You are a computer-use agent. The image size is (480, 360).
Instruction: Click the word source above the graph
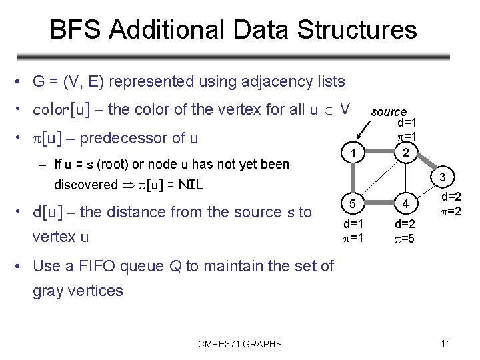pos(389,112)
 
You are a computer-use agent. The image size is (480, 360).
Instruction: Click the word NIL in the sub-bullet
pos(189,184)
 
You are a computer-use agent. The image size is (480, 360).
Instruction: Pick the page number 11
pos(446,343)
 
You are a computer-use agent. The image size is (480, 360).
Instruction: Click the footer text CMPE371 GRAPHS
pos(240,344)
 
